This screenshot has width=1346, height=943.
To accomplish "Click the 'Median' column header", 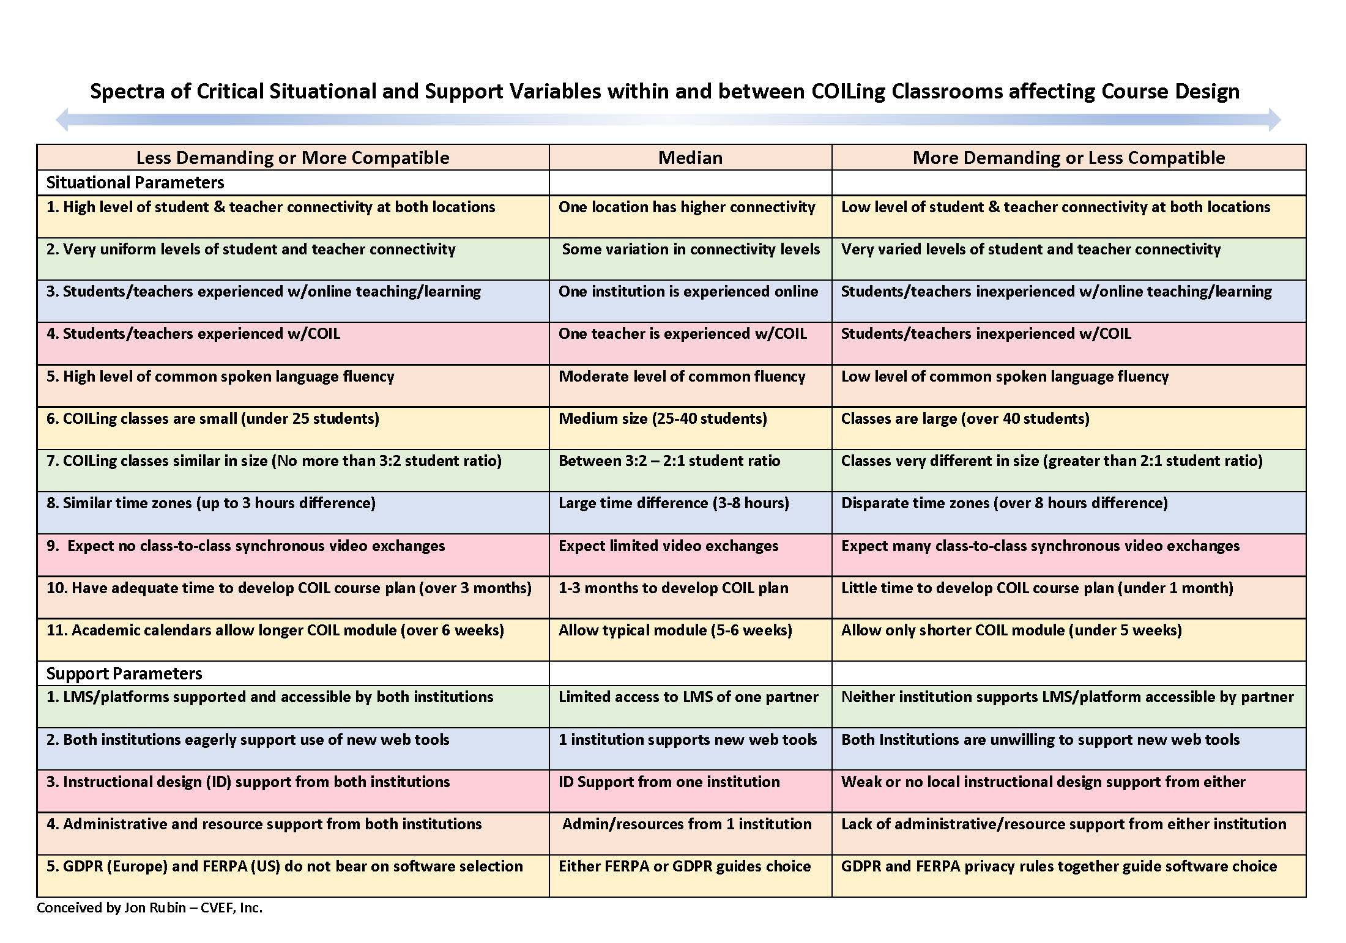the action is tap(690, 158).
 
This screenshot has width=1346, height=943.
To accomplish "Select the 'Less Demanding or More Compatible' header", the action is tap(292, 158).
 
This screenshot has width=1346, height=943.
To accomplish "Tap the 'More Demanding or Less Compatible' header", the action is tap(1069, 158).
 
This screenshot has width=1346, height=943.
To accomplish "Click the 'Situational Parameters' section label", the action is tap(135, 182).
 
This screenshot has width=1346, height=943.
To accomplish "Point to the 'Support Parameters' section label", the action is tap(124, 673).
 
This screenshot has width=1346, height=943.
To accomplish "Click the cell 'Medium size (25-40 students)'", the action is tap(663, 419).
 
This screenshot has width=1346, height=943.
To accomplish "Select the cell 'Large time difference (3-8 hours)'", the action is tap(674, 503).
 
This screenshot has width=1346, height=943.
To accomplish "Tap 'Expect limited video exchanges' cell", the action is tap(668, 545).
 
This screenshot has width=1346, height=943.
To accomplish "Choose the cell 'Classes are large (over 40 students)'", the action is tap(965, 419).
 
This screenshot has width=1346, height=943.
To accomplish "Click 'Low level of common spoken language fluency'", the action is tap(1005, 377).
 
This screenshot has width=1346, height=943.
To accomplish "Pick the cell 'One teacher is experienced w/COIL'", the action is tap(682, 334).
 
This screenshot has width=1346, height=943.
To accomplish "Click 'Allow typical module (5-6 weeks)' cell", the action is tap(675, 631).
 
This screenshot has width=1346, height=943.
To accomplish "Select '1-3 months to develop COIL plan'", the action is tap(673, 588).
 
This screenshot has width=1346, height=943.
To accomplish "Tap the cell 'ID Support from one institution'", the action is tap(669, 782).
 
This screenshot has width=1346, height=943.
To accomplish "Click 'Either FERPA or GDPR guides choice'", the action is tap(685, 867).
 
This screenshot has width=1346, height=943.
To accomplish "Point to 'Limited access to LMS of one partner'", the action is tap(688, 697).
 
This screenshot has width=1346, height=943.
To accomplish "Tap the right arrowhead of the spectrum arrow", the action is tap(1274, 119).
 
